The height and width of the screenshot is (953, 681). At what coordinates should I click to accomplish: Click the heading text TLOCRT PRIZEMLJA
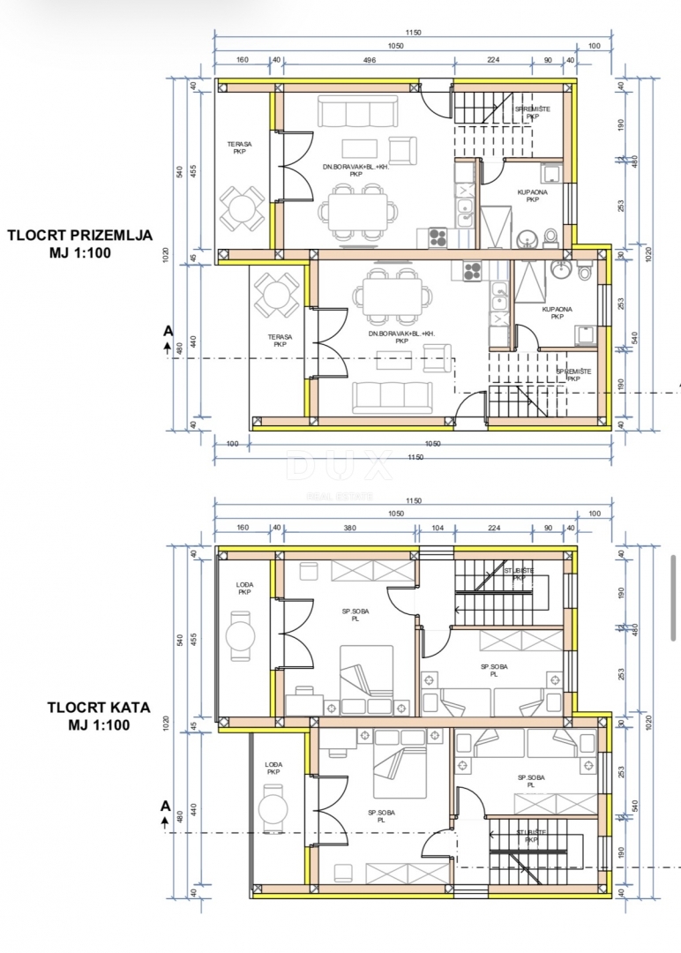(80, 236)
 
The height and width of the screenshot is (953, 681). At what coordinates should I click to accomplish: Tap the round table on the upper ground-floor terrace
(242, 208)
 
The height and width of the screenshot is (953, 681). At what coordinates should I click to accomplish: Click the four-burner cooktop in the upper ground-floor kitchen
(438, 236)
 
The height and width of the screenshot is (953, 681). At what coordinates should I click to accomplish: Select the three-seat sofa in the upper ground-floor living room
(346, 112)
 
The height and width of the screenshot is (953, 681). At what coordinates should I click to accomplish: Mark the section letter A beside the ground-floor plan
(167, 331)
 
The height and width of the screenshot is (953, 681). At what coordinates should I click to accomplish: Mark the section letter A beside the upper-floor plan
(164, 805)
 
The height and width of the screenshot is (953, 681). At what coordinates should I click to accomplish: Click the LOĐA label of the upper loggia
(244, 588)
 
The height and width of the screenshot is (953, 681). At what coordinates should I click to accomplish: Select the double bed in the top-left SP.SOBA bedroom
(367, 671)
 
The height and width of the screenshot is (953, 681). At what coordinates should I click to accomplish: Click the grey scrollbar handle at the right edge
(675, 582)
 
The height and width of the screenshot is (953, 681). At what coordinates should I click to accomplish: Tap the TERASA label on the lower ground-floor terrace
(280, 341)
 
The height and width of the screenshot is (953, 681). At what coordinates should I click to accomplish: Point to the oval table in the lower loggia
(273, 809)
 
